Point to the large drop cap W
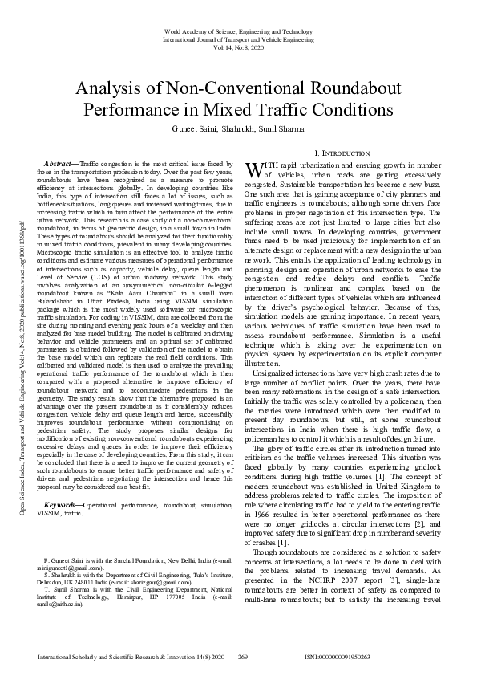[253, 169]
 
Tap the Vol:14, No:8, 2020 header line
[238, 49]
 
